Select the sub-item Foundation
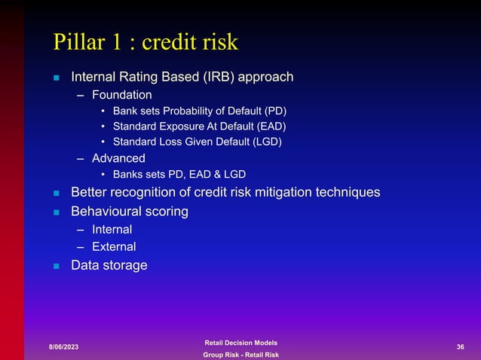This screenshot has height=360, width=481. (x=121, y=95)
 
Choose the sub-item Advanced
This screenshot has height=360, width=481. (x=118, y=158)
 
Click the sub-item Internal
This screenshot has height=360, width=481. (x=112, y=229)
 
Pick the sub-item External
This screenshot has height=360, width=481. (x=114, y=246)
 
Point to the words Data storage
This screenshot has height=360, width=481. (x=109, y=265)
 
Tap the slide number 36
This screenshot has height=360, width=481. (x=460, y=346)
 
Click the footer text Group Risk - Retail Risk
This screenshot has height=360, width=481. (x=240, y=355)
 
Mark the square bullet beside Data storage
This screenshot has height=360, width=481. (x=56, y=266)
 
